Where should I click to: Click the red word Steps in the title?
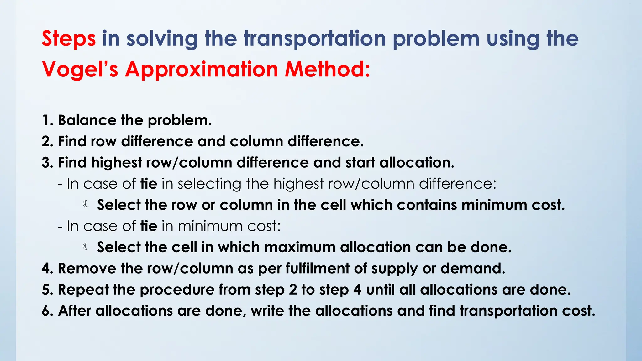pos(69,39)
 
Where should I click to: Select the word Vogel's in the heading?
pos(80,69)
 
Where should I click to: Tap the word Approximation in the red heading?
pos(202,69)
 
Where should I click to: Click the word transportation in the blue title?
pos(315,39)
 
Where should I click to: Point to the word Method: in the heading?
pos(328,69)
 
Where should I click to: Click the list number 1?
pos(47,120)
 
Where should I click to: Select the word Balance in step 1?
pos(87,120)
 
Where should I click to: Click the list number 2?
pos(47,141)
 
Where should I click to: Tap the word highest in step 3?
pos(117,163)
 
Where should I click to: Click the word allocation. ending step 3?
pos(417,163)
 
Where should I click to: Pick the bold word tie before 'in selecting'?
pos(149,184)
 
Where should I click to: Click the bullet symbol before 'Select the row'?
pos(86,205)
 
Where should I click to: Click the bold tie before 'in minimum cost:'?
pos(149,226)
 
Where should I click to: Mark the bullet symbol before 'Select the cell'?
pos(86,247)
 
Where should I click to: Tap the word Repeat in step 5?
pos(83,290)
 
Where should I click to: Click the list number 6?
pos(47,311)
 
